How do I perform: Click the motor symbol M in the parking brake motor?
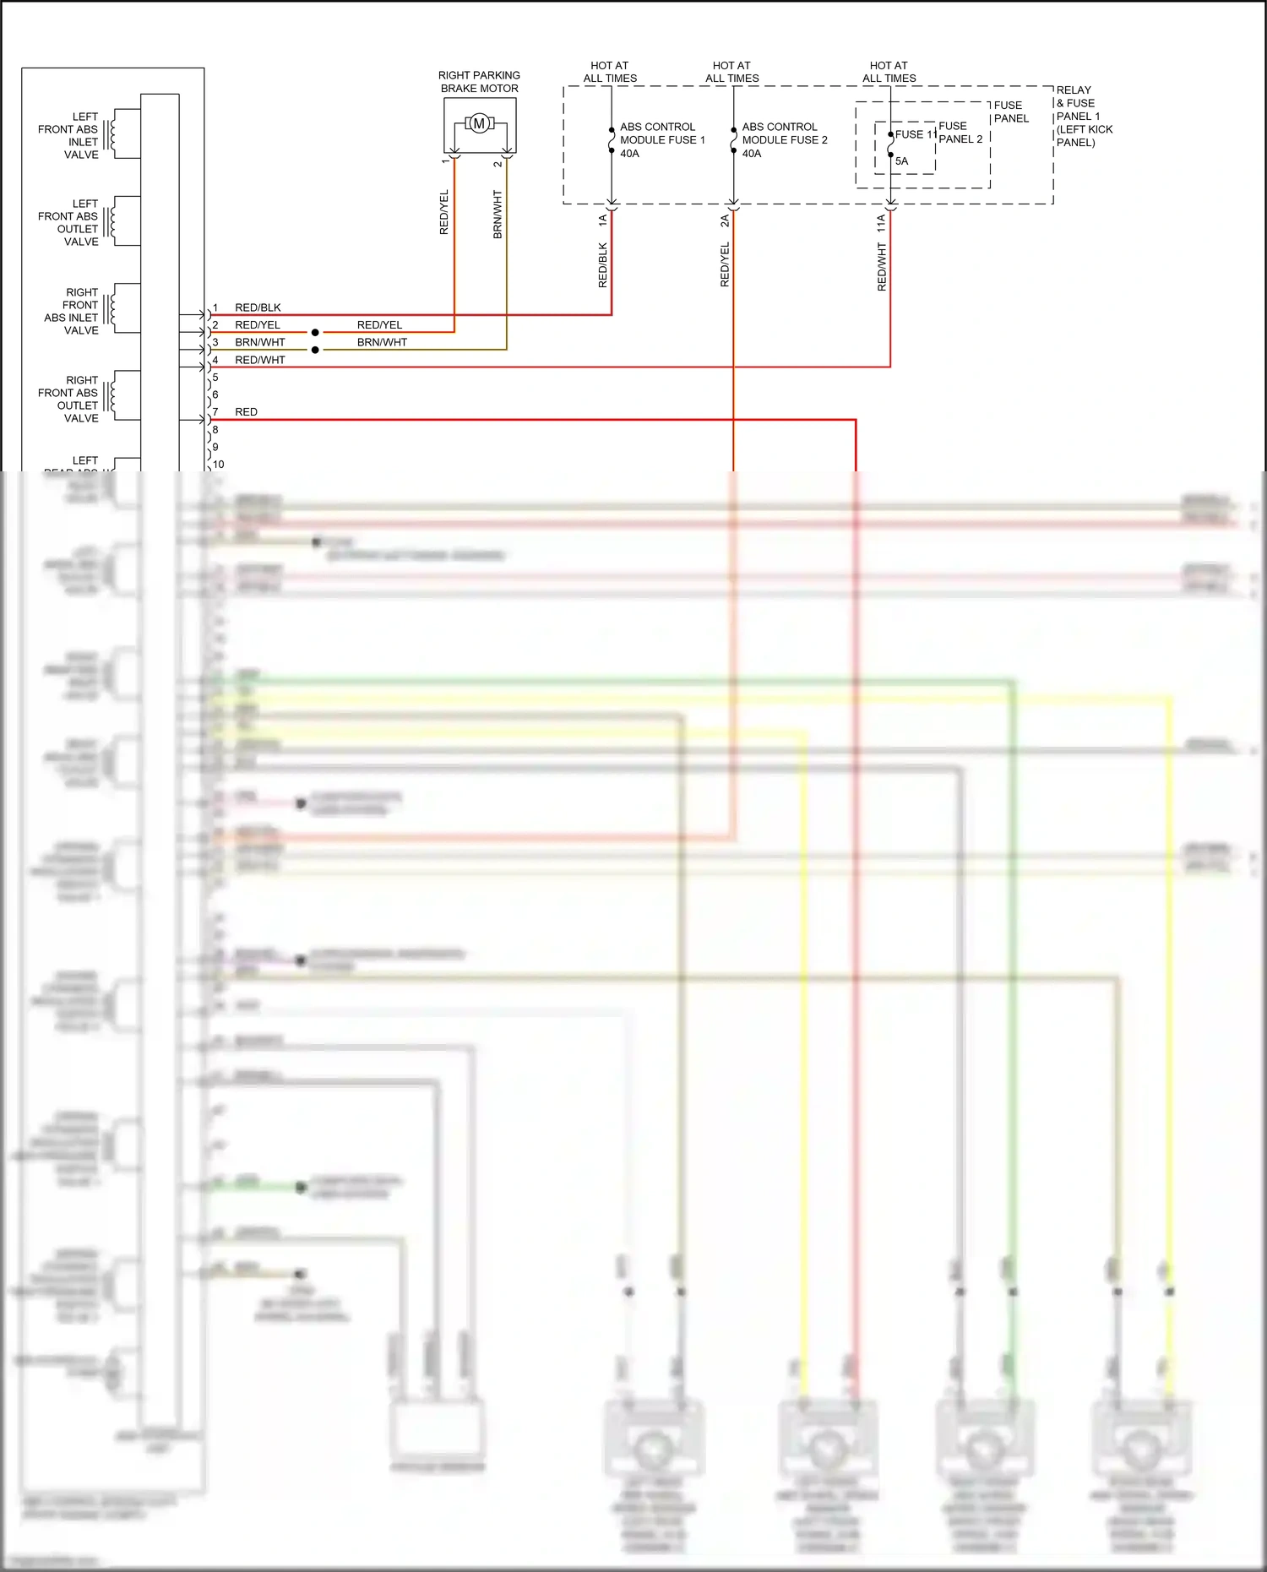479,124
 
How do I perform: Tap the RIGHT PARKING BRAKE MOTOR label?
479,82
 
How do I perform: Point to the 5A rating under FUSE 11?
901,161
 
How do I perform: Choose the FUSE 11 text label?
915,134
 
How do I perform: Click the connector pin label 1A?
603,220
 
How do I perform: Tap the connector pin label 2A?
725,220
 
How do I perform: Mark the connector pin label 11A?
882,223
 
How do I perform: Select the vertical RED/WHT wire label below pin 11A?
882,268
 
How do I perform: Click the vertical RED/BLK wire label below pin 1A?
603,265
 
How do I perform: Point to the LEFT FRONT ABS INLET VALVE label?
70,136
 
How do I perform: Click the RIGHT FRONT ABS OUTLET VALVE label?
70,400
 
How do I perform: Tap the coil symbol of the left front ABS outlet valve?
113,221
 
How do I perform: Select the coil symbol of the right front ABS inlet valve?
113,308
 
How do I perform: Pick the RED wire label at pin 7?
246,412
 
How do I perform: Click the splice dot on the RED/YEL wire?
315,333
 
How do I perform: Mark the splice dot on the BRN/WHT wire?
315,350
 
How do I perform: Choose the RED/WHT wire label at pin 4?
259,360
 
